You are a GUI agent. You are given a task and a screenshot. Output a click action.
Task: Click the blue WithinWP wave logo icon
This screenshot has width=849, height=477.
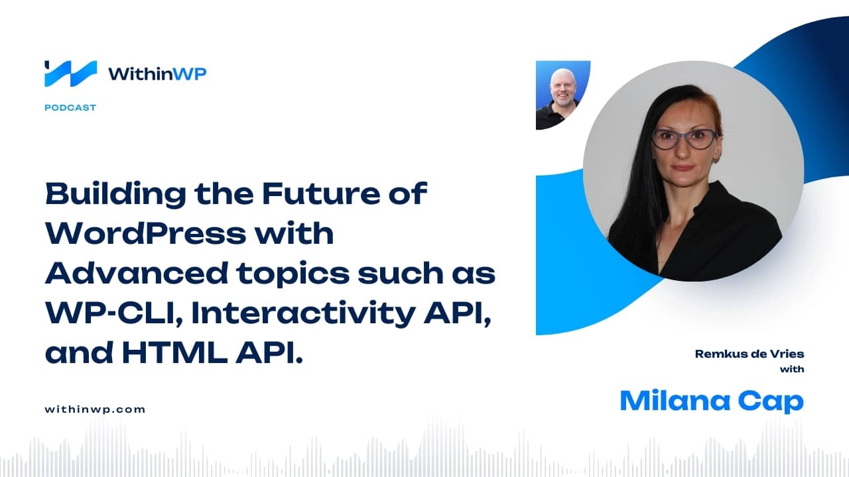(x=70, y=74)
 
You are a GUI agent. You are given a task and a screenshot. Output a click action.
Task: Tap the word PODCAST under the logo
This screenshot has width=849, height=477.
(x=70, y=108)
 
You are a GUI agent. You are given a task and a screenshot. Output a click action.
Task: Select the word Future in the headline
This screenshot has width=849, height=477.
(x=321, y=194)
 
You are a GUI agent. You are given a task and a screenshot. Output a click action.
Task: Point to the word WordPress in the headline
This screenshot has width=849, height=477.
(x=146, y=234)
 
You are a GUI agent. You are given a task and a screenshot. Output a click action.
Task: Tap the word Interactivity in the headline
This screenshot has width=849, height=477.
(x=303, y=314)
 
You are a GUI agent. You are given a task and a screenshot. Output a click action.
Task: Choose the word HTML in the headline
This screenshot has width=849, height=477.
(x=174, y=353)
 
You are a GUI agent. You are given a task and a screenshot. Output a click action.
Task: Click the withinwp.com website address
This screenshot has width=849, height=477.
(x=95, y=409)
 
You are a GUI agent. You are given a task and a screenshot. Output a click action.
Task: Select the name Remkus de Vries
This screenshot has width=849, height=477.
(x=750, y=354)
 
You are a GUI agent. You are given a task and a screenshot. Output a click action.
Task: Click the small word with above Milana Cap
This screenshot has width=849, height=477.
(x=792, y=369)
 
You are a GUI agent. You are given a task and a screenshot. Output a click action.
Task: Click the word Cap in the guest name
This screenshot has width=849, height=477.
(x=771, y=402)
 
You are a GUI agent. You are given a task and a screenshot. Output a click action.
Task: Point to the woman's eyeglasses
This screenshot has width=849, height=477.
(x=684, y=138)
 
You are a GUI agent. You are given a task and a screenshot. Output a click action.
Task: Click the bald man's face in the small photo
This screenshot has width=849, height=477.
(x=562, y=89)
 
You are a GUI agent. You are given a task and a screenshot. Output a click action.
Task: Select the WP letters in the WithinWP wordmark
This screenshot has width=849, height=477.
(x=190, y=74)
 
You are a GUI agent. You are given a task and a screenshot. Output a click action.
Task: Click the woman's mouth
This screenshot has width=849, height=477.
(x=683, y=167)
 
